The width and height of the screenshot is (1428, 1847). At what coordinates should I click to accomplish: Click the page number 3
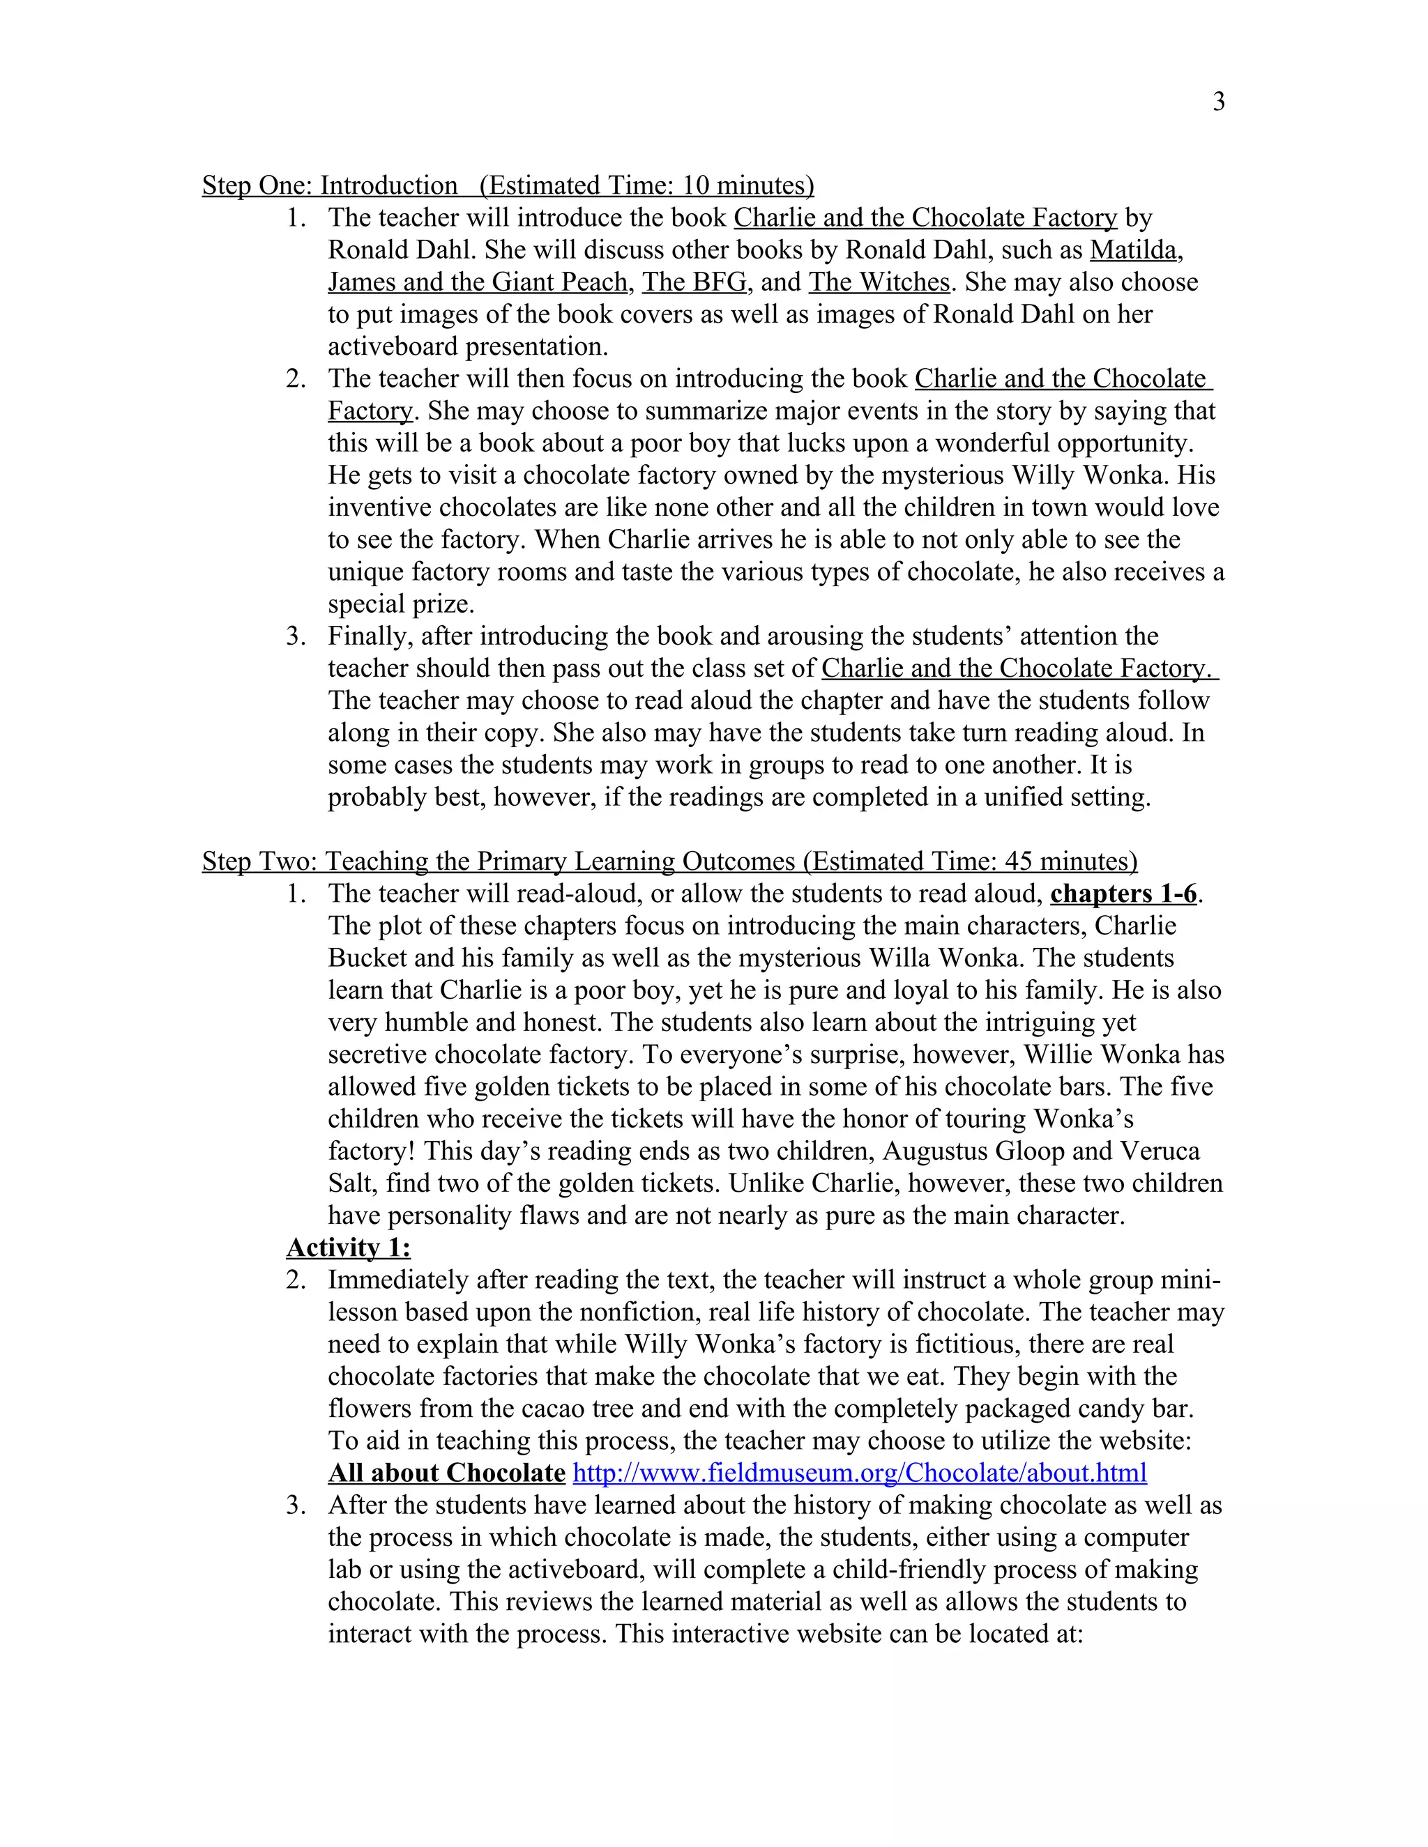1218,102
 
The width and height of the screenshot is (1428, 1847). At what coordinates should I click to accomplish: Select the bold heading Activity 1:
348,1248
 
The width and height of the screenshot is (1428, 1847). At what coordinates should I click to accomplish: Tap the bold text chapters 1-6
1123,894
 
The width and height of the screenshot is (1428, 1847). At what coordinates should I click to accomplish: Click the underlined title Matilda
1133,250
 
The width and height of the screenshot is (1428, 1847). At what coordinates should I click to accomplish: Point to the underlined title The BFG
694,282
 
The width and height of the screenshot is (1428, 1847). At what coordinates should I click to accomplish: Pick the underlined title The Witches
879,282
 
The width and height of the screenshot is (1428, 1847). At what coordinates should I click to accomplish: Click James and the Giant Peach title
477,282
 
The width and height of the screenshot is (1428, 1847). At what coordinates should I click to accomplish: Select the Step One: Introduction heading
330,185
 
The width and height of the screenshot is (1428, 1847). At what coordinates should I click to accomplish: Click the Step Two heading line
668,861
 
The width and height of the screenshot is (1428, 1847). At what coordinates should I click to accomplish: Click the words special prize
400,605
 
